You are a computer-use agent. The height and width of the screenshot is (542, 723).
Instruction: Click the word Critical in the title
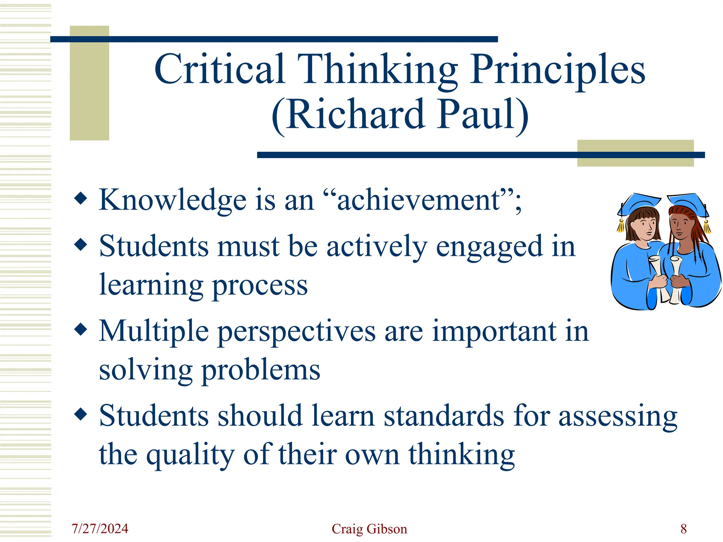(x=220, y=69)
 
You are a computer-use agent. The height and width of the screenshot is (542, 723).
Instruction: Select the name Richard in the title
(x=355, y=115)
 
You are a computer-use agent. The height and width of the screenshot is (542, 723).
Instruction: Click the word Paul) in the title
(x=483, y=115)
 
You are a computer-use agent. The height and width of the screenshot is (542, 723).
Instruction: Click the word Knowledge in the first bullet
(x=172, y=200)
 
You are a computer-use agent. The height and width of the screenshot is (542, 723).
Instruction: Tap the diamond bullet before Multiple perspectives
(x=81, y=329)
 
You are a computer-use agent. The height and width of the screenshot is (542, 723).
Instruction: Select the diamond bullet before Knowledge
(x=81, y=198)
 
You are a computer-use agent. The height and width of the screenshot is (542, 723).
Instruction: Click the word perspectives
(x=297, y=332)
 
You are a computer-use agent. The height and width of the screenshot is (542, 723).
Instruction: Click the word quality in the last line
(x=190, y=455)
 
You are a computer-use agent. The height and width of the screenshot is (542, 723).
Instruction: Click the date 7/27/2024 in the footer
(x=100, y=529)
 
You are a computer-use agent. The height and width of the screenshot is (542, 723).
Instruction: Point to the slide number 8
(x=683, y=529)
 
